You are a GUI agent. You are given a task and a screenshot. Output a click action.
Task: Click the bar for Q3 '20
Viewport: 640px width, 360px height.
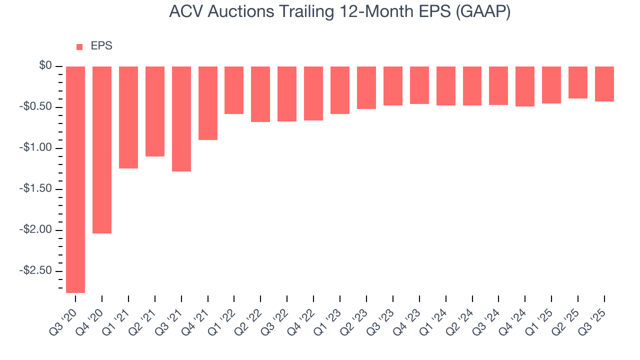tap(75, 179)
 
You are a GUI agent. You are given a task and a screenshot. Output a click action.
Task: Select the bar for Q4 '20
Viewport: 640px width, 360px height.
tap(102, 150)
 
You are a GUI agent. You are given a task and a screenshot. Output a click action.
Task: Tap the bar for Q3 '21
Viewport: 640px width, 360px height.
tap(181, 119)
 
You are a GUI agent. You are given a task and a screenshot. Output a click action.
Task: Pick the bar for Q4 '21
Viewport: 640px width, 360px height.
tap(208, 103)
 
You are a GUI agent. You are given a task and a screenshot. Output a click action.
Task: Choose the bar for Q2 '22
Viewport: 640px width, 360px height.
tap(260, 94)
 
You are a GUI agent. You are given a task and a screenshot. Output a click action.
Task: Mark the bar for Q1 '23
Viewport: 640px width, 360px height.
tap(340, 90)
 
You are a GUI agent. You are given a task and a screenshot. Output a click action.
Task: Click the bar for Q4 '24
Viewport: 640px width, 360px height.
tap(525, 86)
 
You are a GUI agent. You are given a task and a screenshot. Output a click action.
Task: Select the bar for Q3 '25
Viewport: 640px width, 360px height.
tap(604, 84)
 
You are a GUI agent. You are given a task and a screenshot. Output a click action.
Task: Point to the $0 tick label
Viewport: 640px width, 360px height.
tap(46, 66)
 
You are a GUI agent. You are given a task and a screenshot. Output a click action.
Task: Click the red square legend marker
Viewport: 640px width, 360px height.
tap(79, 47)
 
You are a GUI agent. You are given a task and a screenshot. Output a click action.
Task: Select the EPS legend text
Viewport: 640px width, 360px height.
tap(101, 46)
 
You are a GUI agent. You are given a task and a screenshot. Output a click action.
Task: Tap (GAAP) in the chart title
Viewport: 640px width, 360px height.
tap(482, 12)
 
